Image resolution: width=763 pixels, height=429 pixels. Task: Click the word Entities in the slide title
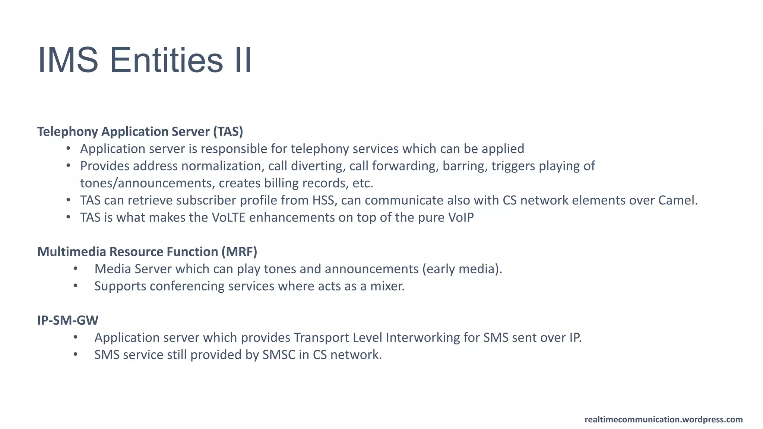[166, 60]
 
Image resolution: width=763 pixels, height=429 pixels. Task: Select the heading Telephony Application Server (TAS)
[140, 131]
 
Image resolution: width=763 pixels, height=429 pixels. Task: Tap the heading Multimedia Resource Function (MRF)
[147, 252]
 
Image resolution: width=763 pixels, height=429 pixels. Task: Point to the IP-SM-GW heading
[68, 320]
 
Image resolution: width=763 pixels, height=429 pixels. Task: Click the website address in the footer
[664, 420]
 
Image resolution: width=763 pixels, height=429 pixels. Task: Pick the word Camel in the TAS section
[677, 200]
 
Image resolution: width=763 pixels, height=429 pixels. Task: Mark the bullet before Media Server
[76, 269]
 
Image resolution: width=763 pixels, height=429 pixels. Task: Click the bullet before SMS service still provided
[76, 355]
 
